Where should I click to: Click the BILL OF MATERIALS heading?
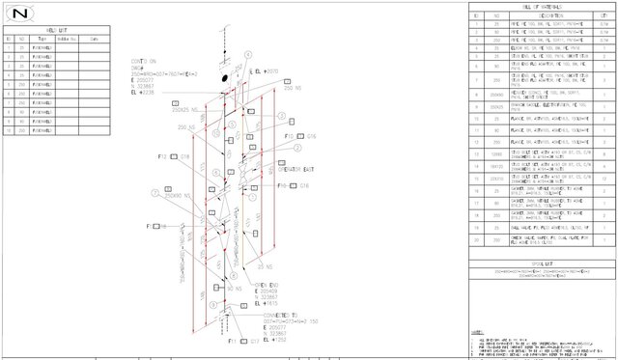coord(540,8)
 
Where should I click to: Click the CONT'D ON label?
coord(145,60)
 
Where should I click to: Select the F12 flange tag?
coord(163,155)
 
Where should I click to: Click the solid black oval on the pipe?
coord(225,76)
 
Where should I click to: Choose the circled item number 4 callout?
coord(248,54)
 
